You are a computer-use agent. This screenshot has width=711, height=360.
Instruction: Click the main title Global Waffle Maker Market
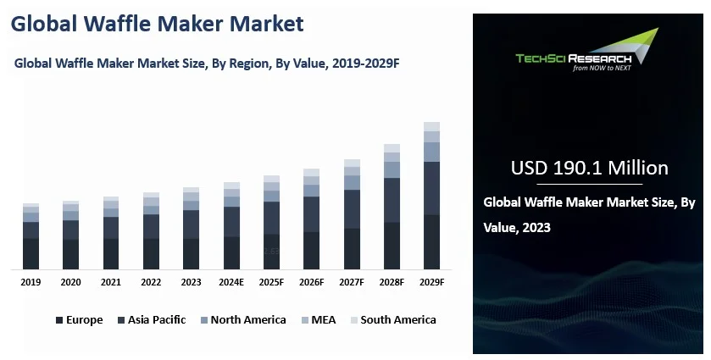(157, 25)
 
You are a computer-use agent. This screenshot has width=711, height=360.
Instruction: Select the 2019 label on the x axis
(31, 282)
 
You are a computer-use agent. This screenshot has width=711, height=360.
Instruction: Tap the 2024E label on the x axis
(231, 282)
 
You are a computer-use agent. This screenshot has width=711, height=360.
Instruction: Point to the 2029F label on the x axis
(431, 282)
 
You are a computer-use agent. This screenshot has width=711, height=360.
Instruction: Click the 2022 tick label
(151, 282)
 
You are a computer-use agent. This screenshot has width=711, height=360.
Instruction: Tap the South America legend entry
(397, 320)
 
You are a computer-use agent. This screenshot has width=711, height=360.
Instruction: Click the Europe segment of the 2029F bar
(431, 242)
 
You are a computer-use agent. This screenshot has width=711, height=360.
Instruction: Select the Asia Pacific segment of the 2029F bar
(431, 188)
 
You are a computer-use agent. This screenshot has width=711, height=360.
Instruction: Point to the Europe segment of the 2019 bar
(31, 254)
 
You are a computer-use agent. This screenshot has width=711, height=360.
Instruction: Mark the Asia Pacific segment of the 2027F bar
(352, 209)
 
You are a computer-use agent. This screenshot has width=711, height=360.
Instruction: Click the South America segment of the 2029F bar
(431, 126)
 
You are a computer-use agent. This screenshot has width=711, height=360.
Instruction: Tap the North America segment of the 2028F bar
(392, 169)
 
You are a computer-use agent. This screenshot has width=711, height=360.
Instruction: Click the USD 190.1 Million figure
(589, 168)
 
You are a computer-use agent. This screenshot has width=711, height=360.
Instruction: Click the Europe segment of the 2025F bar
(271, 252)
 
